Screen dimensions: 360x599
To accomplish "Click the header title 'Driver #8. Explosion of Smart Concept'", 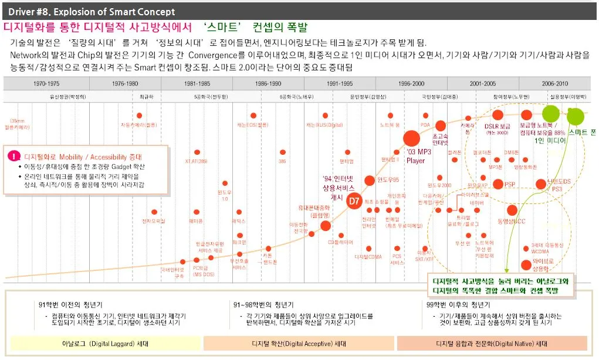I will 92,12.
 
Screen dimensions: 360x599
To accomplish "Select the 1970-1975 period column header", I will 46,84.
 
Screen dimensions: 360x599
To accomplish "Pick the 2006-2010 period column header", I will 554,84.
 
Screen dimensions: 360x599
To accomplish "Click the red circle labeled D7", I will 353,201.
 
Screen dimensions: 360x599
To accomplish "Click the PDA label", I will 425,124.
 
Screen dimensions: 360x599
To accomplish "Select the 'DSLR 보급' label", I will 497,125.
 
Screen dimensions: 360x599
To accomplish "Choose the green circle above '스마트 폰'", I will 577,116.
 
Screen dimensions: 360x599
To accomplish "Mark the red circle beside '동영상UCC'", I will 512,210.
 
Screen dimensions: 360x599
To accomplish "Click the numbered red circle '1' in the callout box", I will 14,157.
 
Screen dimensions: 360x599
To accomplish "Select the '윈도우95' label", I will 388,179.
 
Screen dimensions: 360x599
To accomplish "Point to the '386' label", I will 282,161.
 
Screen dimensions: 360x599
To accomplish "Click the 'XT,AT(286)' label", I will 196,161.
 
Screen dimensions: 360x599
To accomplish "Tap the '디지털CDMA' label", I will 368,256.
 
